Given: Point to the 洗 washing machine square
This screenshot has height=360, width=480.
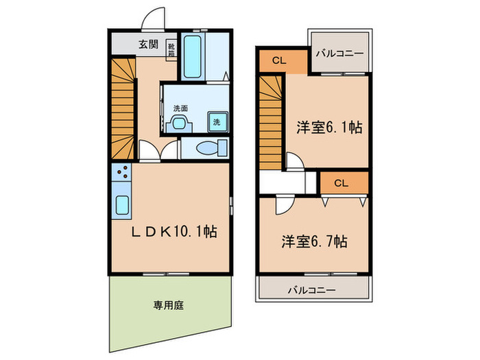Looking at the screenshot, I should [216, 121].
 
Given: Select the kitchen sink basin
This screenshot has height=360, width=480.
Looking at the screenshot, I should [122, 204].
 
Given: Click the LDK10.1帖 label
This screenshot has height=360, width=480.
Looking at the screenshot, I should [174, 232].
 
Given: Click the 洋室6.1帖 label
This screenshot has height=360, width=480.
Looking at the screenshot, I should [329, 126].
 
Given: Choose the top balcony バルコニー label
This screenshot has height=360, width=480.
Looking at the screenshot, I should [339, 52].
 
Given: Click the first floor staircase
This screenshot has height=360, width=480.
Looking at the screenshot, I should [123, 106].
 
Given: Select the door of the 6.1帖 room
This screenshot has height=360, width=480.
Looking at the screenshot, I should [293, 163].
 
